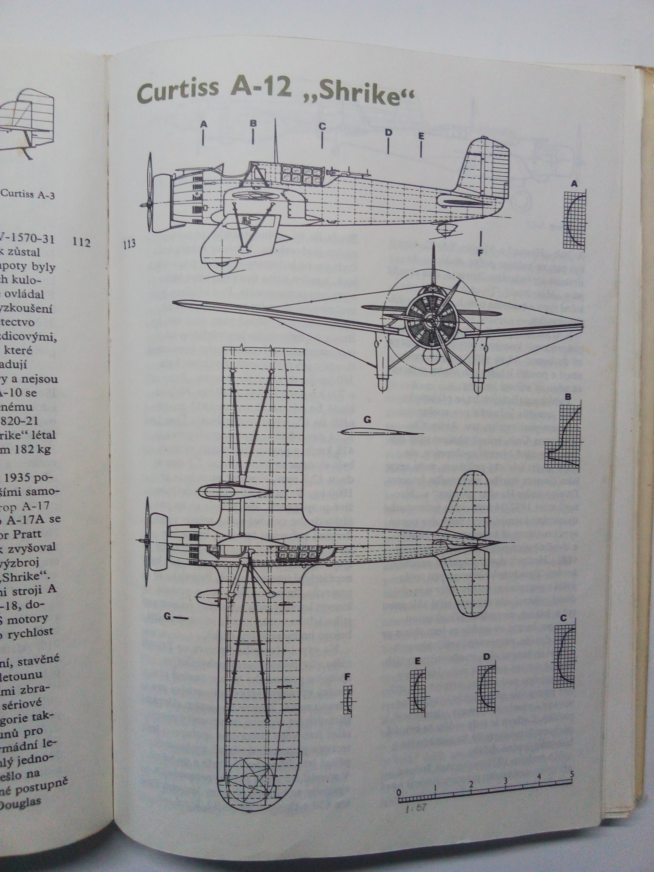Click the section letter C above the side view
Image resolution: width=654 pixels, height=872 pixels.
point(322,127)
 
